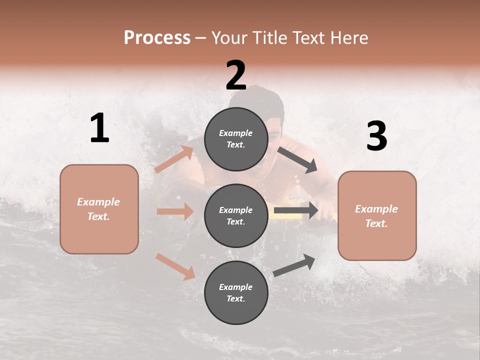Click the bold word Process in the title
point(157,37)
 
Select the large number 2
point(236,75)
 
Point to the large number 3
point(377,136)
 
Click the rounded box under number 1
point(99,209)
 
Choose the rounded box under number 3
point(377,215)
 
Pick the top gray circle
point(236,139)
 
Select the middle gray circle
point(236,215)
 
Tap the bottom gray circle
point(236,292)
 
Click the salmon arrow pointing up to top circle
point(174,159)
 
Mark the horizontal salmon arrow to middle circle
point(175,211)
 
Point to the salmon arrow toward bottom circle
point(175,266)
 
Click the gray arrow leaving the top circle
point(297,160)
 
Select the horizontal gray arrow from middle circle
point(296,210)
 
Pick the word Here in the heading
point(348,37)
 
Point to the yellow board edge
point(300,216)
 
